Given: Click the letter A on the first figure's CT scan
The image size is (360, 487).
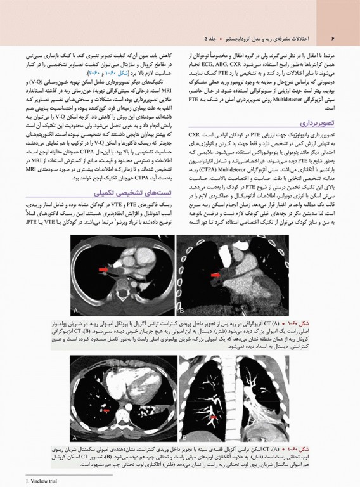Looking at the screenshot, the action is click(77, 310).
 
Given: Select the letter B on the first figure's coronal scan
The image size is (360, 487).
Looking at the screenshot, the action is click(184, 310).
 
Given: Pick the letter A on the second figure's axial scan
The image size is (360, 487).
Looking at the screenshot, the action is click(77, 438).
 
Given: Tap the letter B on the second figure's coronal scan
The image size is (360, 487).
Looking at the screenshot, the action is click(184, 438).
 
